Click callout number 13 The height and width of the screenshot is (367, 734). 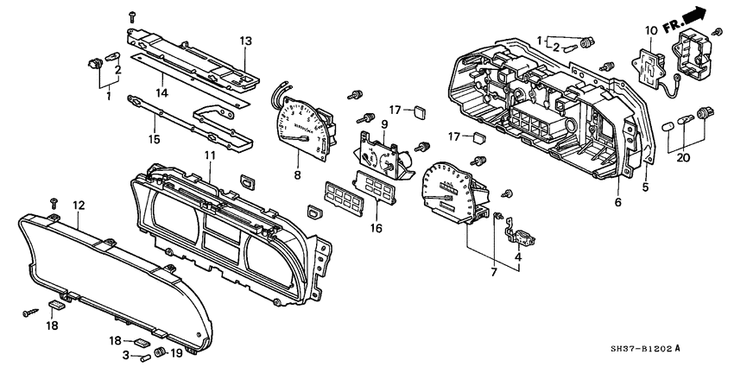pos(245,41)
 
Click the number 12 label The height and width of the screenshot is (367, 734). pos(79,206)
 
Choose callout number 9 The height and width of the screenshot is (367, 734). pos(383,124)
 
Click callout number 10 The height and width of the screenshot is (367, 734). pos(650,31)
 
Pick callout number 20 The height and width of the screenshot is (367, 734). pos(685,157)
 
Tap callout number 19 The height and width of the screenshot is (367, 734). pos(176,354)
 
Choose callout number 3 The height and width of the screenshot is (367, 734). pos(126,354)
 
